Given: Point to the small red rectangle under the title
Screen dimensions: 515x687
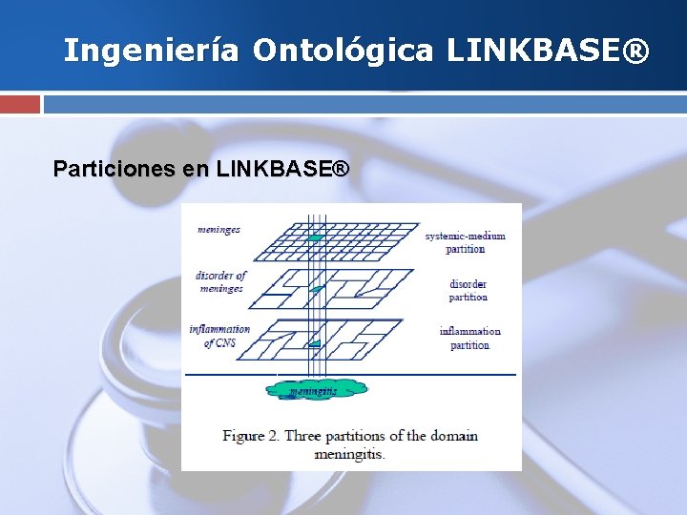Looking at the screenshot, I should pos(20,104).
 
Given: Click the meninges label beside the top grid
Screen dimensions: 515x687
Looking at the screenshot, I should pos(219,230).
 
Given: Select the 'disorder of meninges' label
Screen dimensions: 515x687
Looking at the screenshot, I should pos(221,281).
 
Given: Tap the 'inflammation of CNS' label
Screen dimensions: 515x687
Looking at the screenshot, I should pos(220,336).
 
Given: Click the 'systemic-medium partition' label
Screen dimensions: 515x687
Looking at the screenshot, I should pos(465,242).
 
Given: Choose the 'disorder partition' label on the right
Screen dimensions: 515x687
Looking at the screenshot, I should pos(468,290).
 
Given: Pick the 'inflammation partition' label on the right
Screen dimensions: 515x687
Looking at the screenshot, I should pos(469,338).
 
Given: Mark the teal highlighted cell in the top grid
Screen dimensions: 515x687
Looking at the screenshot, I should pos(317,237).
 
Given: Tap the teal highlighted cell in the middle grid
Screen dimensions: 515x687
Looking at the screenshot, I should pos(318,288).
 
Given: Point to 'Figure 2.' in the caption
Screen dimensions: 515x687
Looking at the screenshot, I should pos(251,436).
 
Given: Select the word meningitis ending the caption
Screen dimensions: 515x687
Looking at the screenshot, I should pos(348,454).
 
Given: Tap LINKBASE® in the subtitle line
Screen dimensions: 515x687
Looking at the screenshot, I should pos(282,170).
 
